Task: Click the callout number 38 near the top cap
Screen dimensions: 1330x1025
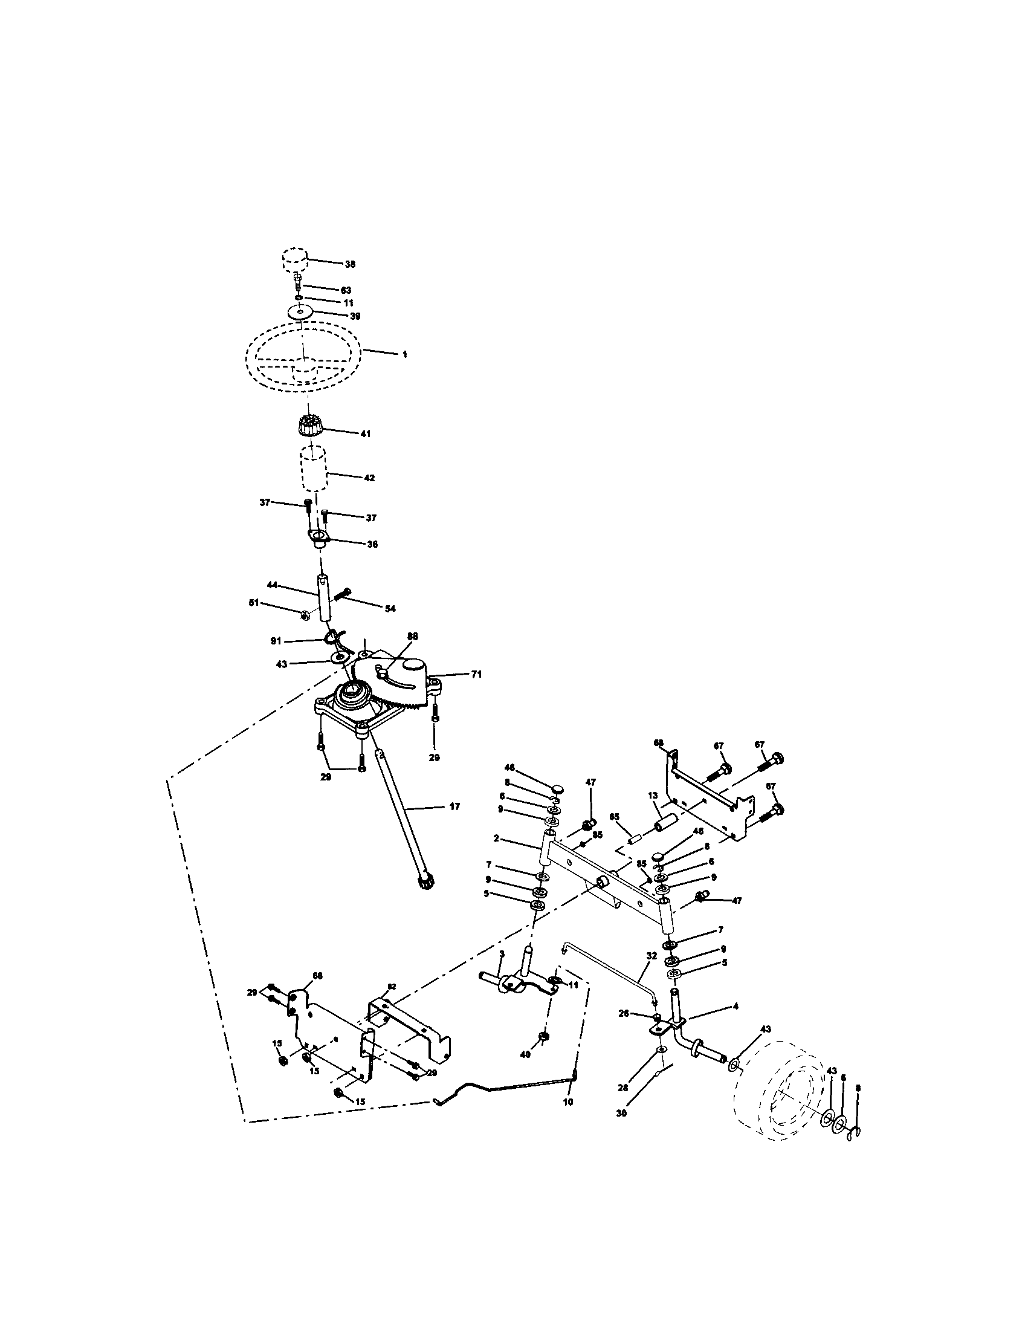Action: tap(350, 264)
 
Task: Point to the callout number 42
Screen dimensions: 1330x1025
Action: tap(369, 478)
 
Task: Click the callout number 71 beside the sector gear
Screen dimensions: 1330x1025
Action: tap(476, 674)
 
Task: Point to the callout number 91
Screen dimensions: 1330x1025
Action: tap(276, 641)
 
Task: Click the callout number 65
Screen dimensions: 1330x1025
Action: tap(614, 816)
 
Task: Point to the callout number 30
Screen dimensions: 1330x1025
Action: tap(622, 1112)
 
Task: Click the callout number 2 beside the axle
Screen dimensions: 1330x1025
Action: tap(497, 839)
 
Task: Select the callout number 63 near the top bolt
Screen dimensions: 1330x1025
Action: tap(346, 290)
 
